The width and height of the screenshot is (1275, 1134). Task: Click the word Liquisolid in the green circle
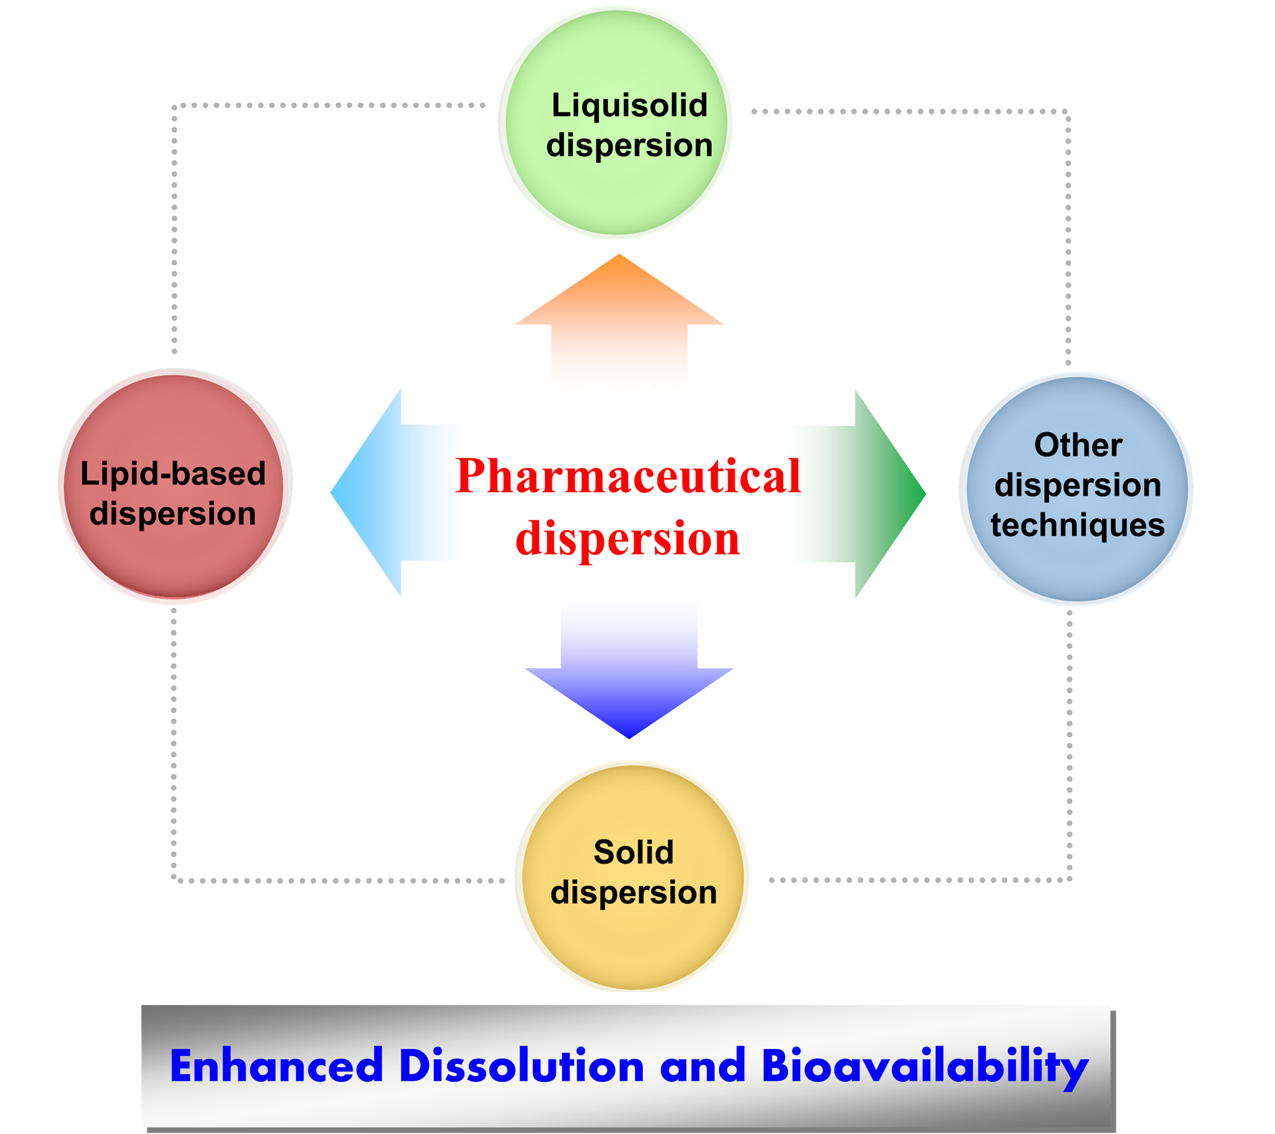coord(629,106)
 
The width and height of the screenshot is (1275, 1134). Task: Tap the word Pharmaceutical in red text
coord(627,476)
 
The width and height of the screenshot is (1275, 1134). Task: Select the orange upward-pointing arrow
coord(619,303)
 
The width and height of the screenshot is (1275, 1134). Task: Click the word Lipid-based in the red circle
coord(173,473)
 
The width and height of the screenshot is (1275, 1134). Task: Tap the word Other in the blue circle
coord(1077,446)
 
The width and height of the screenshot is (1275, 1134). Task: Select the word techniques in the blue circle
coord(1077,525)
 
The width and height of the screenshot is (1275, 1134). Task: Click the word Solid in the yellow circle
coord(633,852)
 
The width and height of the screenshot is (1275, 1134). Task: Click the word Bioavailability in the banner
coord(924,1067)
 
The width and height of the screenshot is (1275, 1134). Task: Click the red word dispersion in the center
coord(627,539)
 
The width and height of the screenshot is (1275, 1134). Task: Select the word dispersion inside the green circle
coord(629,146)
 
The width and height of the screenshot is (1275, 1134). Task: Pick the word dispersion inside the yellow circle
coord(633,893)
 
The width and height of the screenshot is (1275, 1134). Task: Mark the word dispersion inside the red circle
coord(173,514)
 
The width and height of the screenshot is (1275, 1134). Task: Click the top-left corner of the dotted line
coord(175,107)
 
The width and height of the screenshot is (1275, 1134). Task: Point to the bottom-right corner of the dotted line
coord(1069,879)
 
